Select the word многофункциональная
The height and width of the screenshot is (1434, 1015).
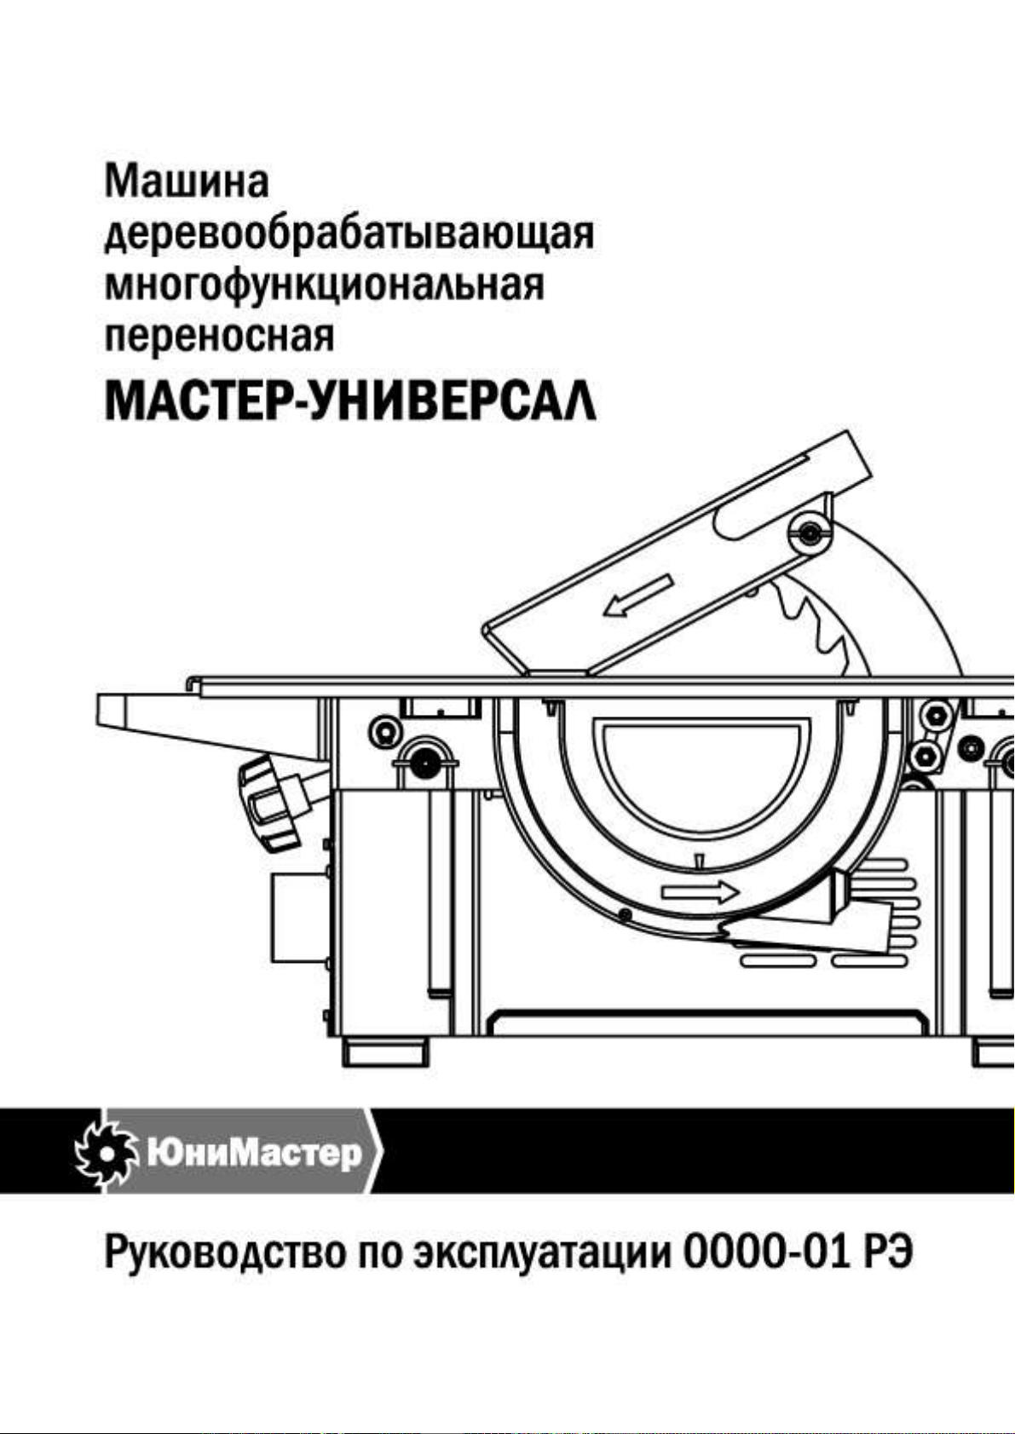[x=324, y=286]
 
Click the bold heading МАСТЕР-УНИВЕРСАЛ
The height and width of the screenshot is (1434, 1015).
[x=351, y=400]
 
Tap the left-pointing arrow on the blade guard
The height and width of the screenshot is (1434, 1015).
[x=638, y=595]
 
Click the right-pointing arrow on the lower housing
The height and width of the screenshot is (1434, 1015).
[x=701, y=890]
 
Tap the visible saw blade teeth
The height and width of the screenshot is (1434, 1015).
[x=820, y=625]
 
